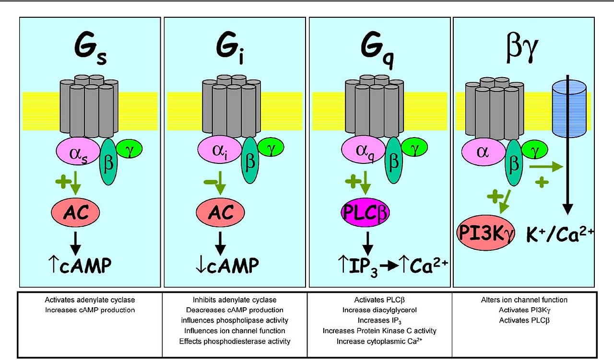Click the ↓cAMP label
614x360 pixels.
point(221,265)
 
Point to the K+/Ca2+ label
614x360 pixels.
point(565,233)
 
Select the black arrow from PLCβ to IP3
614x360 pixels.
point(367,242)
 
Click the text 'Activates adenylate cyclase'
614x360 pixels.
point(90,300)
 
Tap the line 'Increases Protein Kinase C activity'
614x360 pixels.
point(379,331)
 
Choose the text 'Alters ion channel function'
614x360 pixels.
point(524,300)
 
